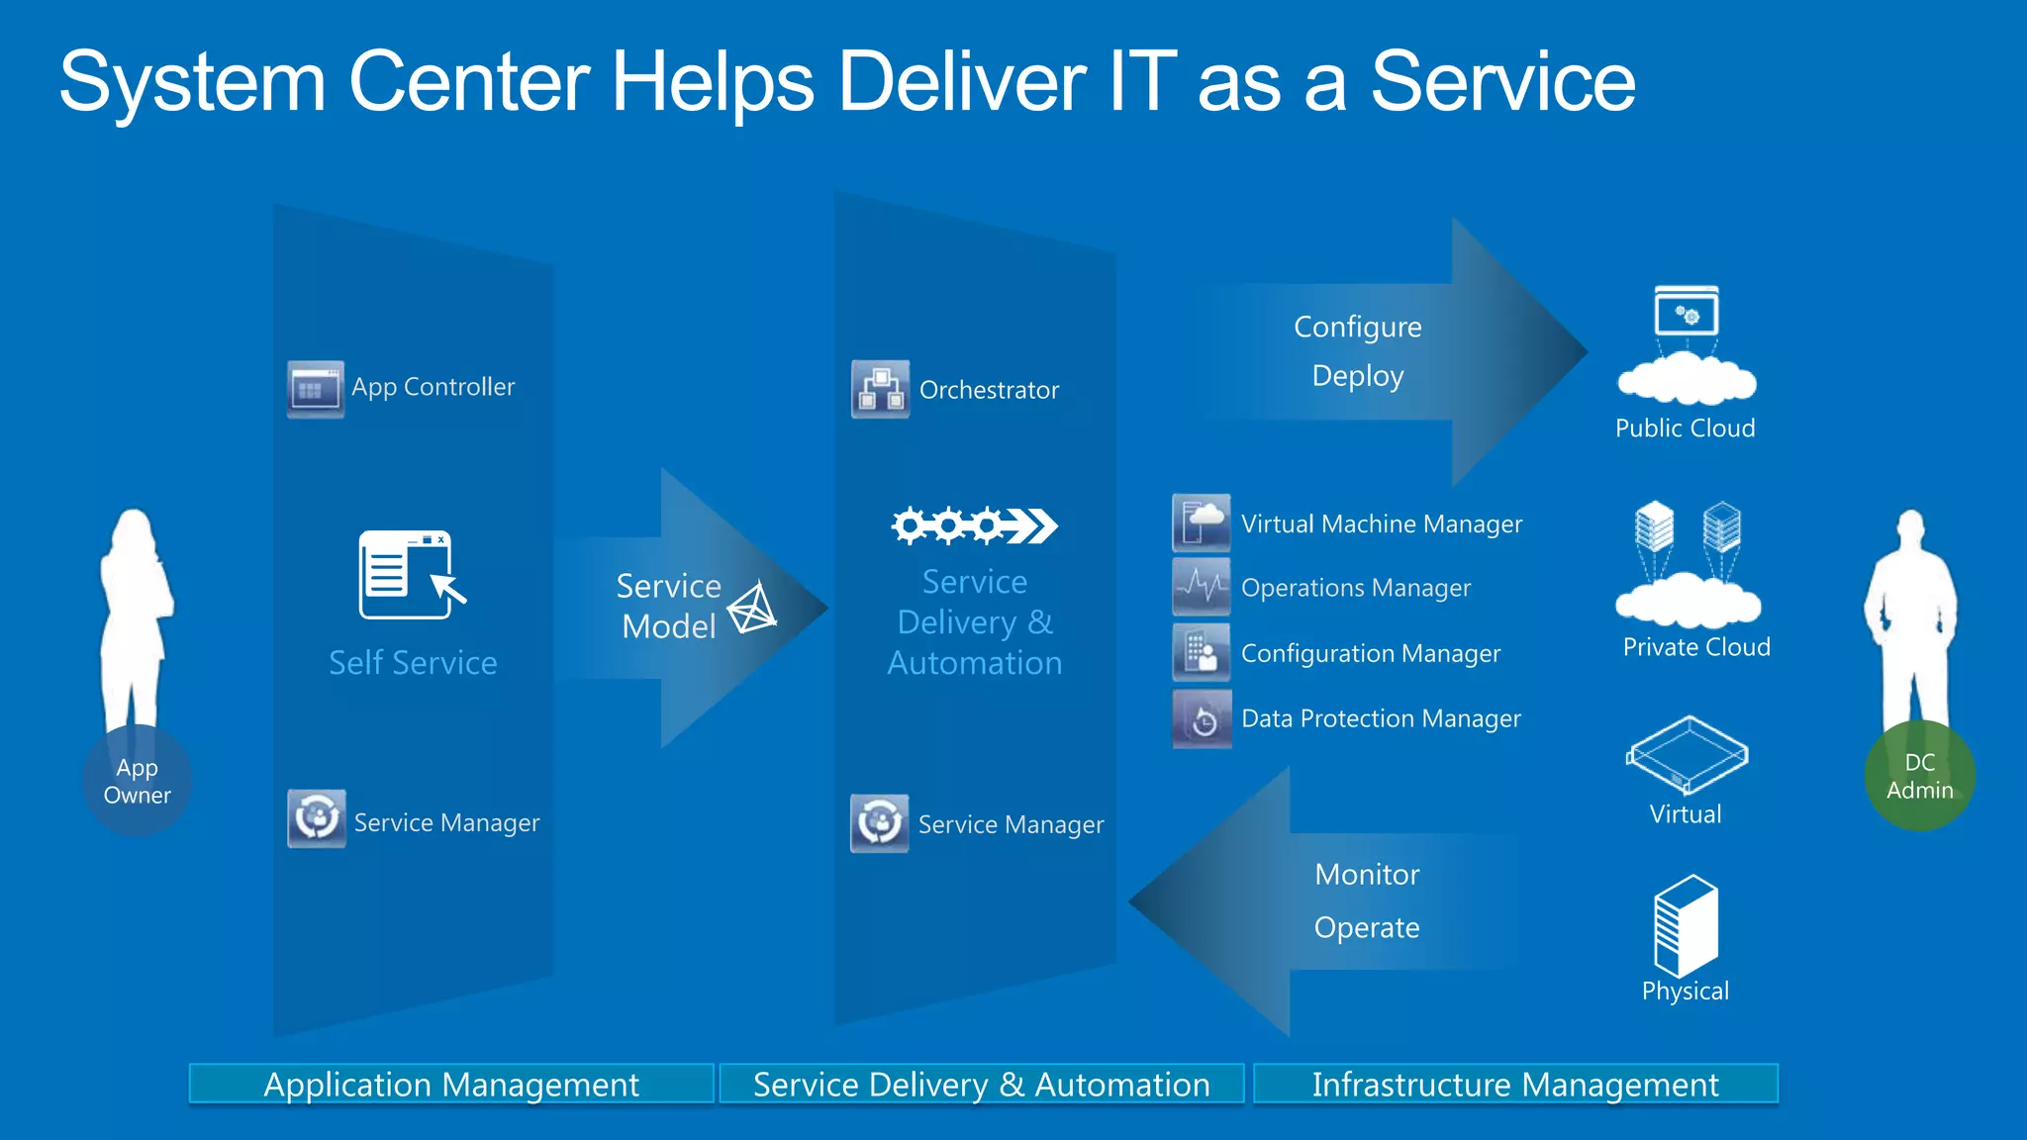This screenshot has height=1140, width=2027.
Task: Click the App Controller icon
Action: [x=316, y=388]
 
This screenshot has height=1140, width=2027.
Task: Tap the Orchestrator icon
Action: [x=880, y=389]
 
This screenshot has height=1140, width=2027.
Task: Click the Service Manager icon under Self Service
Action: [x=317, y=818]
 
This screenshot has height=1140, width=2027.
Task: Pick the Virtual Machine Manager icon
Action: [x=1202, y=522]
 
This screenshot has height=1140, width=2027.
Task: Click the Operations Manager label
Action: [x=1355, y=588]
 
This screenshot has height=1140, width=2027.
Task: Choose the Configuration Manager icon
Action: [x=1202, y=652]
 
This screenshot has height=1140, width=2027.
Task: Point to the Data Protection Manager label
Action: [x=1381, y=718]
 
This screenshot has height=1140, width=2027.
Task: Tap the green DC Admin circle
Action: [x=1919, y=777]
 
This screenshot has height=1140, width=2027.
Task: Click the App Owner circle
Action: [x=138, y=781]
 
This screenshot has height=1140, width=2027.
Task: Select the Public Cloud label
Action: [x=1685, y=428]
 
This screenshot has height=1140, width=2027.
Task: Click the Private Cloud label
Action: [x=1695, y=647]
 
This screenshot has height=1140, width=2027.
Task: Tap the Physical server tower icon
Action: [x=1685, y=925]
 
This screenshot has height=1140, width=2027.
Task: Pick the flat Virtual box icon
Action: [x=1687, y=755]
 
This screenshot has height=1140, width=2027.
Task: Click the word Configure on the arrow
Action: [x=1357, y=327]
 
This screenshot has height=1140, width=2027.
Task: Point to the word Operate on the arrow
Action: [x=1366, y=928]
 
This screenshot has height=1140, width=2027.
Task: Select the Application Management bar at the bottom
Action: [x=451, y=1085]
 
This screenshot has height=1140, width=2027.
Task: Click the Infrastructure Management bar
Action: [x=1515, y=1085]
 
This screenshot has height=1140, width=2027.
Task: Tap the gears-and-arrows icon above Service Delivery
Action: [x=974, y=525]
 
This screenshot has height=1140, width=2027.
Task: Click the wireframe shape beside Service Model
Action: [x=753, y=608]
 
